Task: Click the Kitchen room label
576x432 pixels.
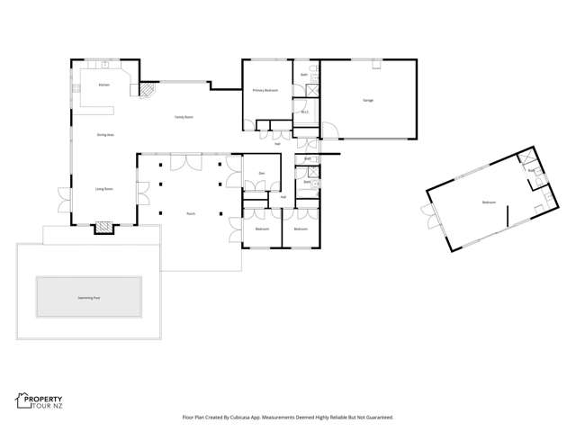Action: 103,85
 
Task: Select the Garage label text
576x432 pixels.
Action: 368,100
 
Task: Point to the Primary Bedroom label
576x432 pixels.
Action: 265,91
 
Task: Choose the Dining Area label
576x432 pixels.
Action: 104,135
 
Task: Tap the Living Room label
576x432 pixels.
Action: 103,189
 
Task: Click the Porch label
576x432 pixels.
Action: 191,213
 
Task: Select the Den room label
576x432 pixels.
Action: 261,173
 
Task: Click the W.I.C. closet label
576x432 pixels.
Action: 305,112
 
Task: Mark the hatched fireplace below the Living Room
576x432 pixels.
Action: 105,227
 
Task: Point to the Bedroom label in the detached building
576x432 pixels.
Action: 489,202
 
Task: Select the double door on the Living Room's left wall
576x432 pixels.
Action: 64,196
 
